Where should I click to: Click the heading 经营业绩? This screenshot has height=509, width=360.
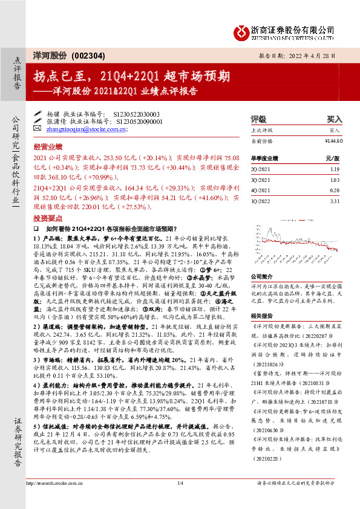click(x=48, y=147)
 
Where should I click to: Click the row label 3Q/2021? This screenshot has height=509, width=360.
click(x=260, y=180)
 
